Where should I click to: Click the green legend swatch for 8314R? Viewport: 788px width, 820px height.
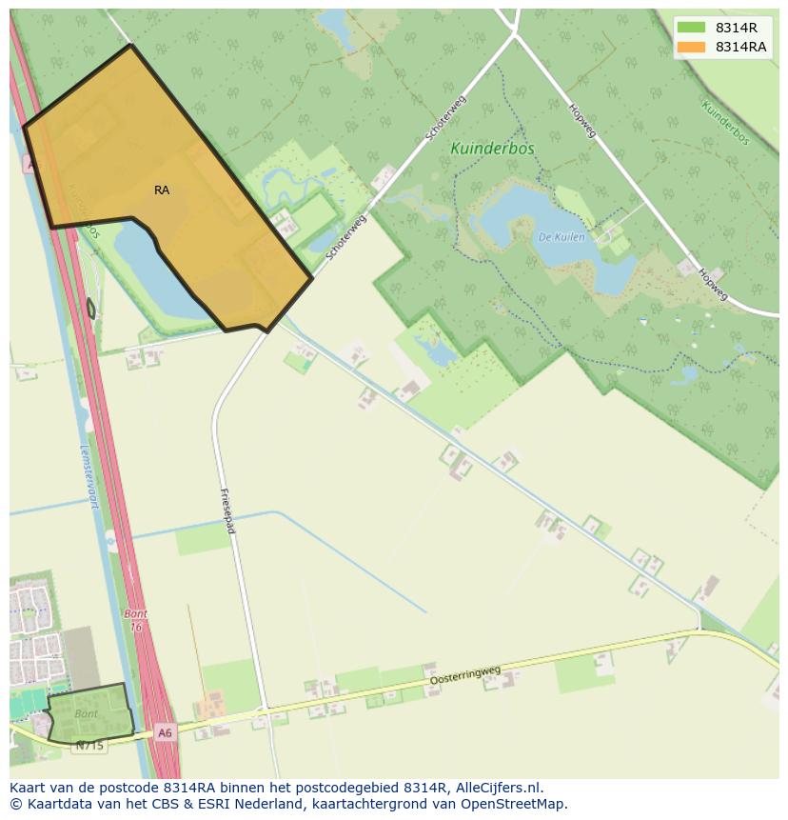[x=692, y=28]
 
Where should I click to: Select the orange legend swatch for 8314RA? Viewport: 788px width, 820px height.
[x=692, y=47]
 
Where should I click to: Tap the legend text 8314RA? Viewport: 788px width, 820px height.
[x=740, y=47]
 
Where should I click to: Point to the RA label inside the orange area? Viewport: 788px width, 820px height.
[x=162, y=190]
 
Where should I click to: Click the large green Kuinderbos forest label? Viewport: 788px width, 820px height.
[x=492, y=149]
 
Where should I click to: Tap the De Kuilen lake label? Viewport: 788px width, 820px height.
[x=561, y=236]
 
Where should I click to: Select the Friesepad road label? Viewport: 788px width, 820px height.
[x=227, y=510]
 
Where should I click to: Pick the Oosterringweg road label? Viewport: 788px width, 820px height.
[x=465, y=675]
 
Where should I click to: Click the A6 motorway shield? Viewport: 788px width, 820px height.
[x=166, y=732]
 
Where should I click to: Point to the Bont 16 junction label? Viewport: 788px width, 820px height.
[x=135, y=620]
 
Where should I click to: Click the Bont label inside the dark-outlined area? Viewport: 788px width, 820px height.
[x=86, y=713]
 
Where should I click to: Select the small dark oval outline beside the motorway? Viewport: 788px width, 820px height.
[x=91, y=309]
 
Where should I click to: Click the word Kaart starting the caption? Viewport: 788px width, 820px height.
[x=30, y=788]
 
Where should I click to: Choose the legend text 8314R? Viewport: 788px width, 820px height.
[x=737, y=28]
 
